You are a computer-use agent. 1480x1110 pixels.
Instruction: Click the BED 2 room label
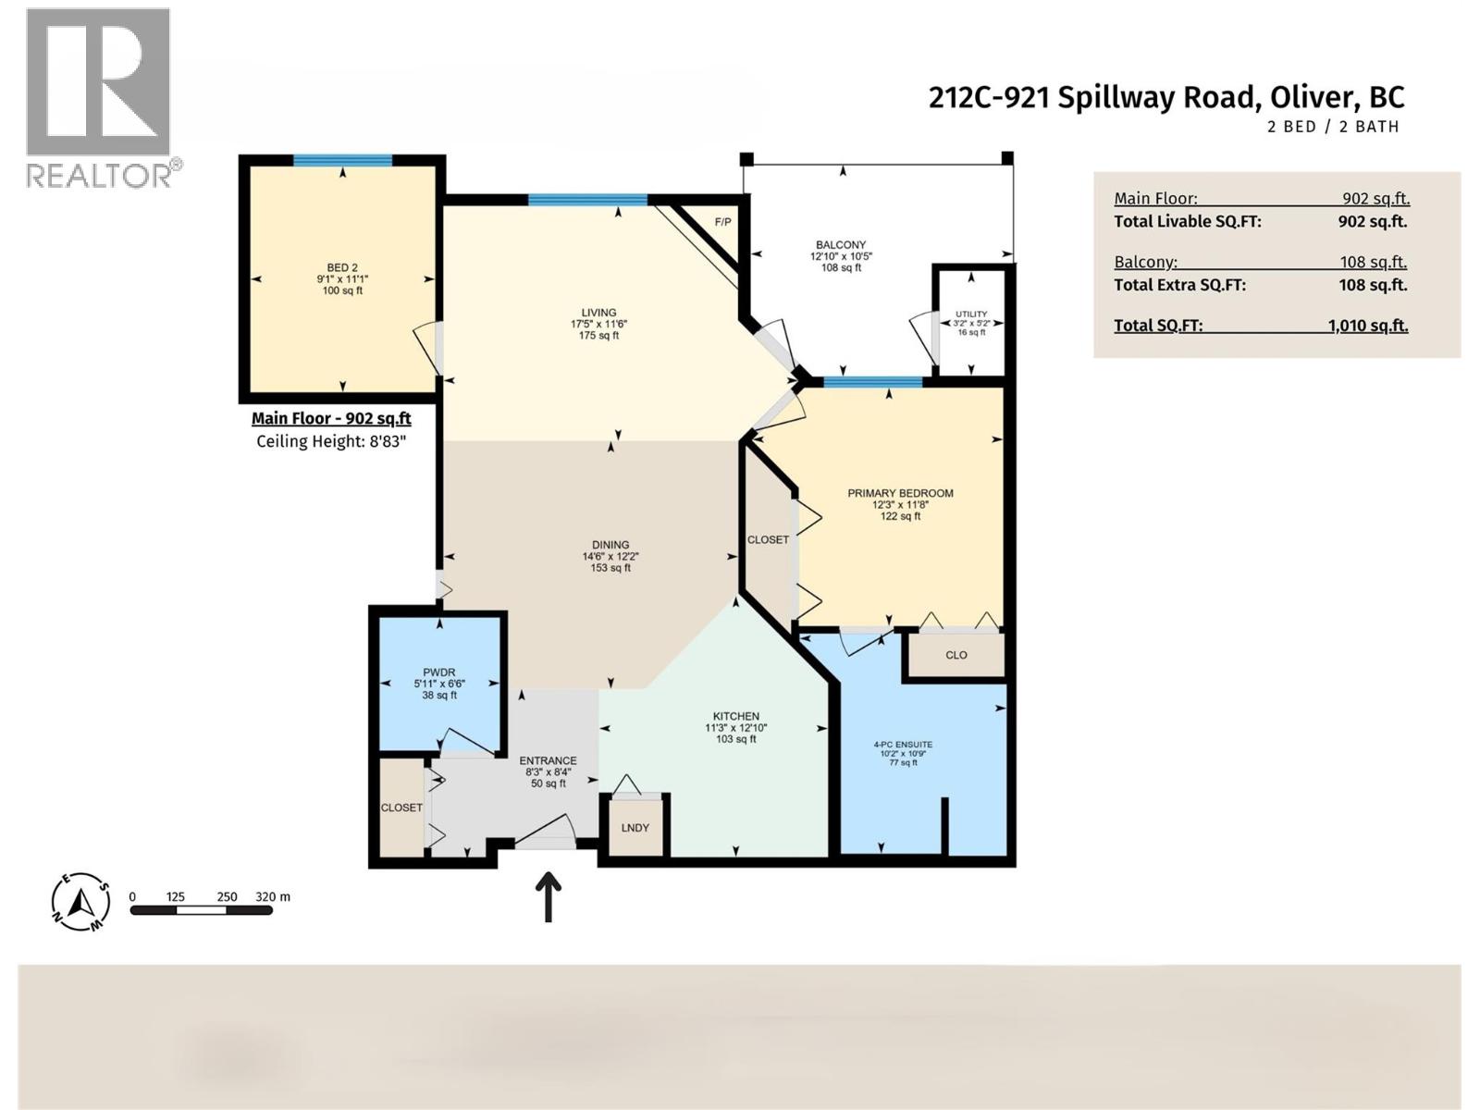click(342, 268)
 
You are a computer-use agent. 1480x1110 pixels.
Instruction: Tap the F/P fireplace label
click(722, 222)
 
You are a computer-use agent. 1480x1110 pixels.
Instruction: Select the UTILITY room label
click(971, 314)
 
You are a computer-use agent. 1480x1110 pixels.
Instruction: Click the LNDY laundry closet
click(635, 827)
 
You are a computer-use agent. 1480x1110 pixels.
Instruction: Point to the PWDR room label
click(439, 672)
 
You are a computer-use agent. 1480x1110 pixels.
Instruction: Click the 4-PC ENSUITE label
click(903, 745)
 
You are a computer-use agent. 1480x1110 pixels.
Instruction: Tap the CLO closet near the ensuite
click(956, 655)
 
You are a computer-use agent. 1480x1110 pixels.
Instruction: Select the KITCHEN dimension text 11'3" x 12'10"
click(735, 728)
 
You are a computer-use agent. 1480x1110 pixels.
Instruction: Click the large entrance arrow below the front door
click(549, 896)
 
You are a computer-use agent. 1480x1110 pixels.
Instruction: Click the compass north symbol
click(81, 901)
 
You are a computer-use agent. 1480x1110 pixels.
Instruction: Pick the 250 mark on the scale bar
click(227, 896)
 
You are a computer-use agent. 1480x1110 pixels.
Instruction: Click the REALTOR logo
click(99, 97)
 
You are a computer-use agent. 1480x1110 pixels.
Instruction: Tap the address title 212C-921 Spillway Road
click(1165, 97)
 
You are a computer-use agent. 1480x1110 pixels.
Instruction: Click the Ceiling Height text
click(331, 441)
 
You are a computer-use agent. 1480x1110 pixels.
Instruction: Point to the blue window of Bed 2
click(342, 160)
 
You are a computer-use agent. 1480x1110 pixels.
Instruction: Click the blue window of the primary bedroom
click(872, 381)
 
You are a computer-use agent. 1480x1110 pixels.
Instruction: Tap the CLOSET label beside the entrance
click(401, 808)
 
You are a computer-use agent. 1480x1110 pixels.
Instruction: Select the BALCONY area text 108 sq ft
click(841, 268)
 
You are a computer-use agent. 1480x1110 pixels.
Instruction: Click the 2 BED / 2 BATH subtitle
click(1332, 127)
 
